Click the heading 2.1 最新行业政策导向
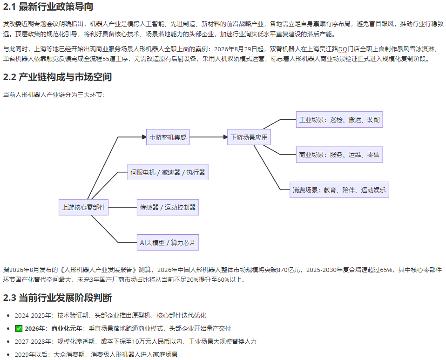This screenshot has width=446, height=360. click(48, 7)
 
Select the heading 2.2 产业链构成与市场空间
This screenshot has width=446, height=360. click(57, 77)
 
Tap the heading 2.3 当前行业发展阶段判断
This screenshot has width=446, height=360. click(57, 298)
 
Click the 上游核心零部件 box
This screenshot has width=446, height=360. click(84, 207)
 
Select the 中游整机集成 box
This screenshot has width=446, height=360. click(168, 137)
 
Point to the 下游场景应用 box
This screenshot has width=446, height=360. click(249, 137)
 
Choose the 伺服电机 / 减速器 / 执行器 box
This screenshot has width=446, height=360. click(168, 172)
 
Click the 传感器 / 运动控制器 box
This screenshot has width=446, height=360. click(168, 207)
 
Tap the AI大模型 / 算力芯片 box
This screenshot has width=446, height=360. click(168, 243)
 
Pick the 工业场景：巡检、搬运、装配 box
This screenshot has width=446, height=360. click(339, 120)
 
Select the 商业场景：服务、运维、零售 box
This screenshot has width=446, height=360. click(339, 155)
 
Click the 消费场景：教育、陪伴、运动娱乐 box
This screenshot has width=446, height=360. click(339, 190)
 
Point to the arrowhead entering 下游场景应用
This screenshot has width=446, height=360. click(225, 137)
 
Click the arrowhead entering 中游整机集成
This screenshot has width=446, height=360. click(144, 137)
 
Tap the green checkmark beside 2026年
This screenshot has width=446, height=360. click(19, 329)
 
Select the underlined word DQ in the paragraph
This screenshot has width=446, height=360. click(343, 49)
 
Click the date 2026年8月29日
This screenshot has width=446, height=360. click(236, 49)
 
